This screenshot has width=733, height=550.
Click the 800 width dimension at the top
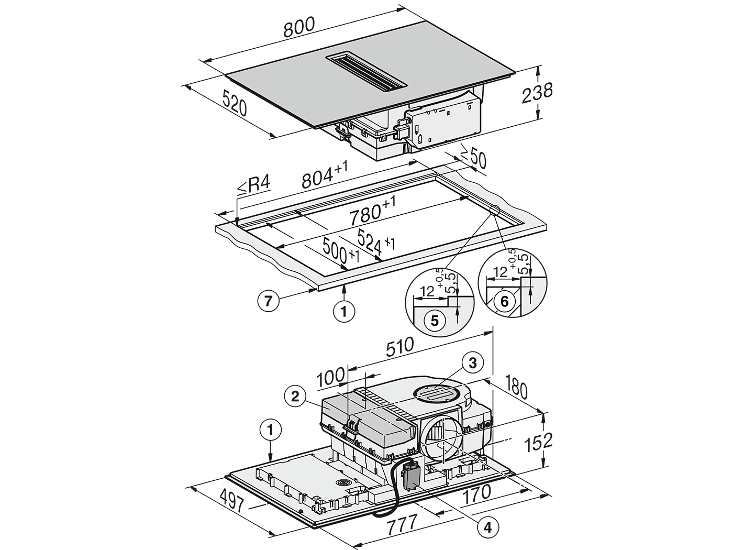point(299,27)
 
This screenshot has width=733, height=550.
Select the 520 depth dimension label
point(235,105)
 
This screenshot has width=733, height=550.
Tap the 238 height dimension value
point(537,94)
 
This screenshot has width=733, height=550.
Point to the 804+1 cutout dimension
point(325,175)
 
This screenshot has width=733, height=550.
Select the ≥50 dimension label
point(473,156)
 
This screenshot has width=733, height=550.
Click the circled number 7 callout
point(268,302)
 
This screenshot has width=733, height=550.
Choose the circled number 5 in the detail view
point(434,321)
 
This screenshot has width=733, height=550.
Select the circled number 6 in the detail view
point(504,302)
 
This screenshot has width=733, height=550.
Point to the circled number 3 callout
point(473,363)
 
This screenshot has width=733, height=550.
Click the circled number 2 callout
point(295,397)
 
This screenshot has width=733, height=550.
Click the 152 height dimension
point(538,443)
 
